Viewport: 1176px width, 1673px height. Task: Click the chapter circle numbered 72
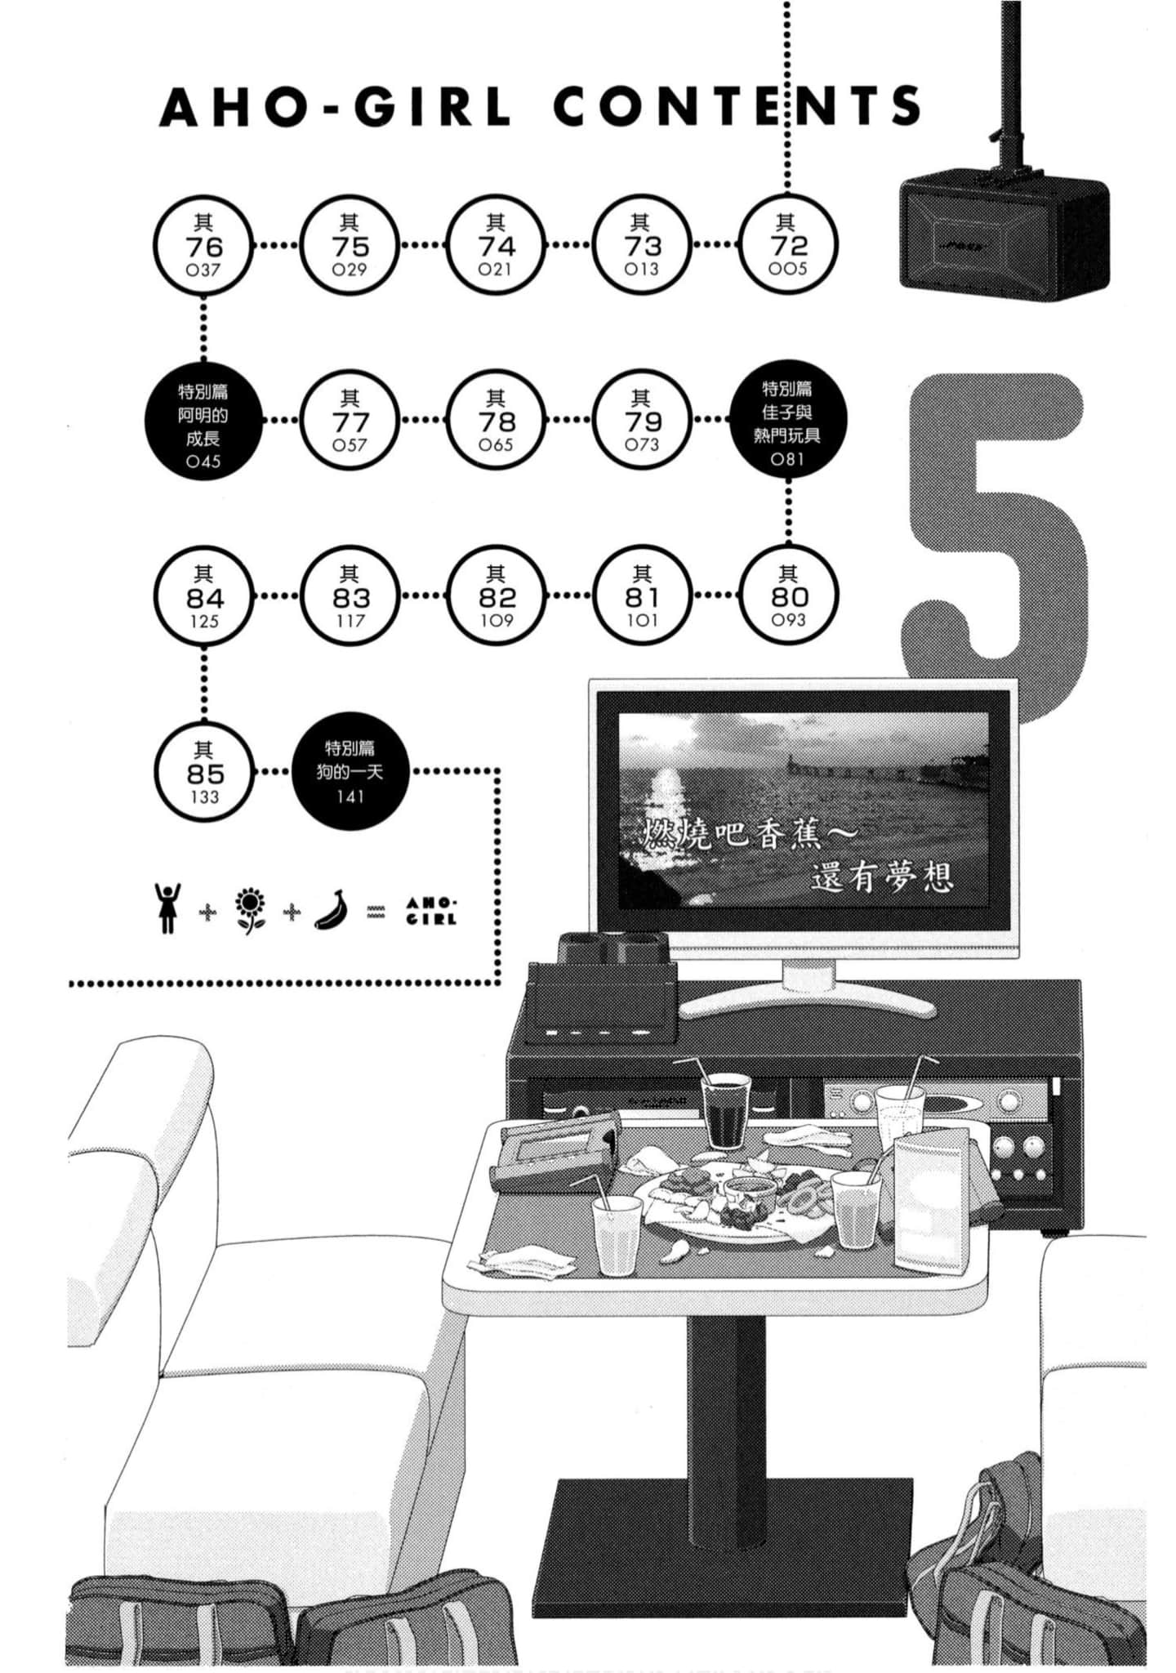pos(788,244)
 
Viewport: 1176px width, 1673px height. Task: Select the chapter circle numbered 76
pos(203,244)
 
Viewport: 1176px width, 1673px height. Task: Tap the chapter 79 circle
pos(642,420)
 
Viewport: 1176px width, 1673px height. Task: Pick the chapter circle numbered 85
pos(203,772)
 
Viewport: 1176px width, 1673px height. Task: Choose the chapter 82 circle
pos(496,596)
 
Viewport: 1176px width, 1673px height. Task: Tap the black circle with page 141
pos(349,771)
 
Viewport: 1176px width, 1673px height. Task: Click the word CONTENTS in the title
pos(737,106)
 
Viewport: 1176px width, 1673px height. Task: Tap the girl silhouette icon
pos(167,908)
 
